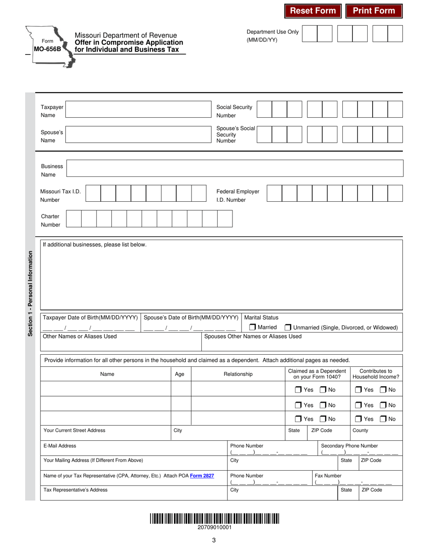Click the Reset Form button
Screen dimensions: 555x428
(x=313, y=11)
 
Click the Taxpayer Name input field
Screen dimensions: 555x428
(x=138, y=109)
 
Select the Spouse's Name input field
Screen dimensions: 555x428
(x=138, y=134)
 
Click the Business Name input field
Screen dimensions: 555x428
(x=235, y=168)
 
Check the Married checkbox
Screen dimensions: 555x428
(x=253, y=327)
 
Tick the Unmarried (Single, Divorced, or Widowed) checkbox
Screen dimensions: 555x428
(x=288, y=328)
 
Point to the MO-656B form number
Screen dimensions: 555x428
(x=47, y=49)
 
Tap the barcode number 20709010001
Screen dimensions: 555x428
(x=214, y=527)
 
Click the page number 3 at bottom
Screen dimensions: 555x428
(x=214, y=540)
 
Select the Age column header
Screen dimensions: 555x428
(x=179, y=374)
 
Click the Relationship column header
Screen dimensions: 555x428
(x=238, y=374)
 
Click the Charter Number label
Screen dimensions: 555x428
(x=50, y=220)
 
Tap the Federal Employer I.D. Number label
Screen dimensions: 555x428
(x=238, y=195)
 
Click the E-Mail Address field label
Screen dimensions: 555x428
(x=60, y=446)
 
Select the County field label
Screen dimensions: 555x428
(x=360, y=430)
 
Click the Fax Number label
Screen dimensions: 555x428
(x=328, y=476)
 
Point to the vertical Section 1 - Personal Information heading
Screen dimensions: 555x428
(x=30, y=293)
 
